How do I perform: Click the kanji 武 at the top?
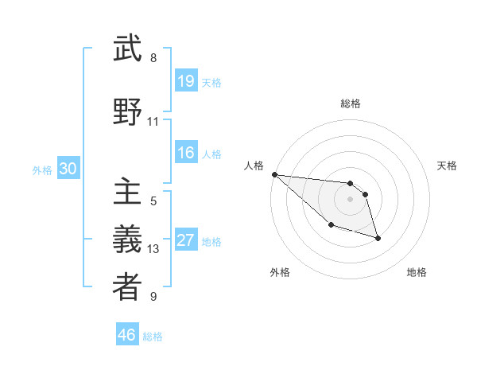click(x=127, y=49)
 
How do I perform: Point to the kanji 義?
click(x=127, y=240)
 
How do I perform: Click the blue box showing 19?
click(x=185, y=81)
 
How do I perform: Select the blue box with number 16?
click(x=185, y=154)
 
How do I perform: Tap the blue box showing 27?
click(x=185, y=241)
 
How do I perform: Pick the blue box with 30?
click(x=68, y=169)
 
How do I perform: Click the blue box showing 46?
click(x=127, y=335)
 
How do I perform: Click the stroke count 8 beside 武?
click(x=153, y=58)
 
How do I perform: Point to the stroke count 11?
click(x=153, y=122)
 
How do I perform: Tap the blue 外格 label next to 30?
click(x=42, y=170)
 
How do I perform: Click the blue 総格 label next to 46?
click(x=153, y=337)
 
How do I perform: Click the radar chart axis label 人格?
click(x=254, y=166)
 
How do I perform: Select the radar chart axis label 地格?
click(x=417, y=272)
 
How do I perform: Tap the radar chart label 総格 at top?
click(x=351, y=103)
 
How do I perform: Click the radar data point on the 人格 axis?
click(x=274, y=174)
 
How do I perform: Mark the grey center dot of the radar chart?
click(x=351, y=199)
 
